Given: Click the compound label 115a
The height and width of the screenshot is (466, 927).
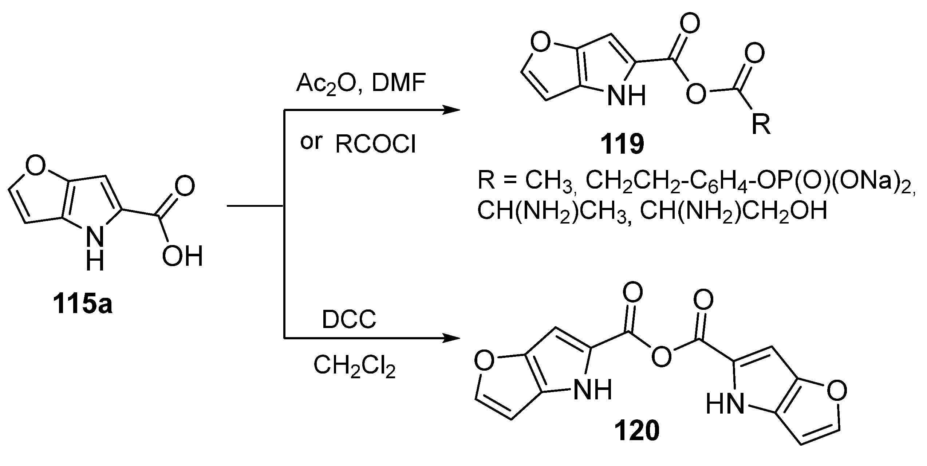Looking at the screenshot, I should coord(83,305).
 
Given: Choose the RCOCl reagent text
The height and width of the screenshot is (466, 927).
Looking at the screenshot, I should coord(375,145).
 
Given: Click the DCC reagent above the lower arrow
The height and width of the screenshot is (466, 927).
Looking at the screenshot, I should coord(349,320).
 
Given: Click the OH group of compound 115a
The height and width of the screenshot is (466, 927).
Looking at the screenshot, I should coord(182,256).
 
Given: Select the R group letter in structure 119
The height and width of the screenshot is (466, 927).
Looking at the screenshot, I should coord(762,125).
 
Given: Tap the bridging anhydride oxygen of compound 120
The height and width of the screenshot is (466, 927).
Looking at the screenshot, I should coord(661,356).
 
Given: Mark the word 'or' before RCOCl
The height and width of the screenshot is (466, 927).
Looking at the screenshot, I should coord(311,142).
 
